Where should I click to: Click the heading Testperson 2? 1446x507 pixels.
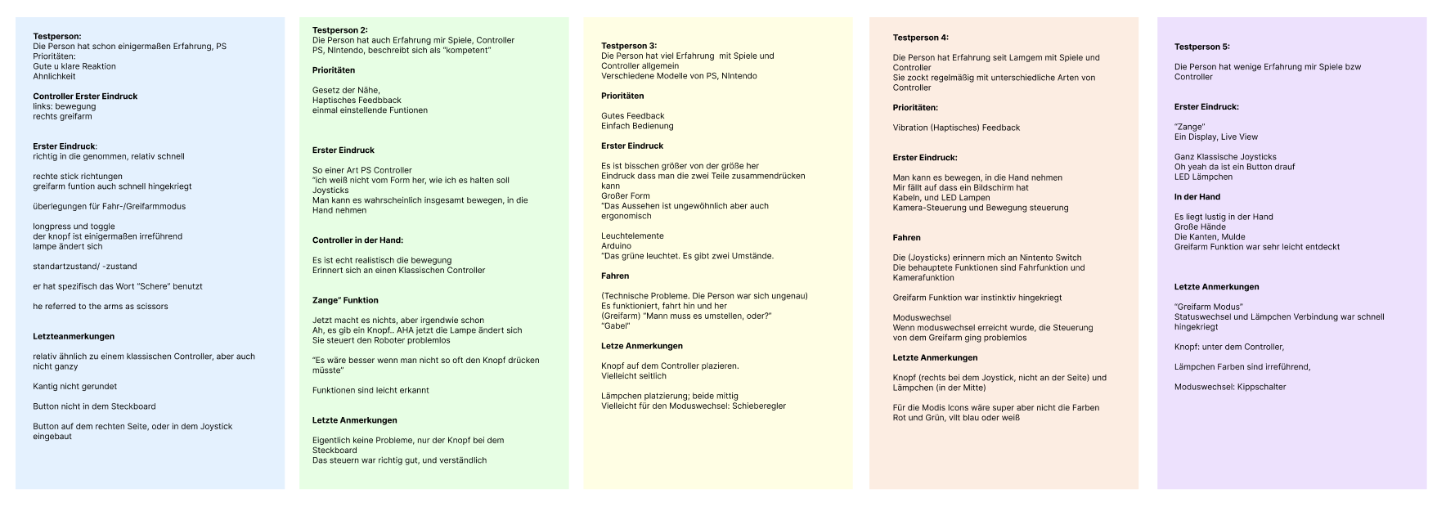tap(339, 30)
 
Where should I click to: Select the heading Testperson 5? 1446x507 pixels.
tap(1201, 47)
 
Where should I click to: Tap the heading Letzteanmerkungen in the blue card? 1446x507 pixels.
tap(74, 336)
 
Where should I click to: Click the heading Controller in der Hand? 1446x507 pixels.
tap(357, 240)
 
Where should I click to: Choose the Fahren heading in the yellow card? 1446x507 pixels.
tap(615, 276)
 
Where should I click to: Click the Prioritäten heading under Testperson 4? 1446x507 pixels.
tap(915, 108)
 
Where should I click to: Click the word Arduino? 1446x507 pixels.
tap(616, 246)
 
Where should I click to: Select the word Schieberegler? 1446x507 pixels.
tap(759, 406)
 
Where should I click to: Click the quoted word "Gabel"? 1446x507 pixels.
tap(614, 326)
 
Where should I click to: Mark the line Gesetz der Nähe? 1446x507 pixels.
tap(346, 90)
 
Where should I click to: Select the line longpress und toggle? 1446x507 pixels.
tap(74, 227)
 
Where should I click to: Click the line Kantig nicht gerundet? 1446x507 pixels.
tap(74, 386)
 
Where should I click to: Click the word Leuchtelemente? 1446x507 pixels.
tap(632, 236)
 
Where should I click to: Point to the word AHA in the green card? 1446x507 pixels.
tap(406, 330)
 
